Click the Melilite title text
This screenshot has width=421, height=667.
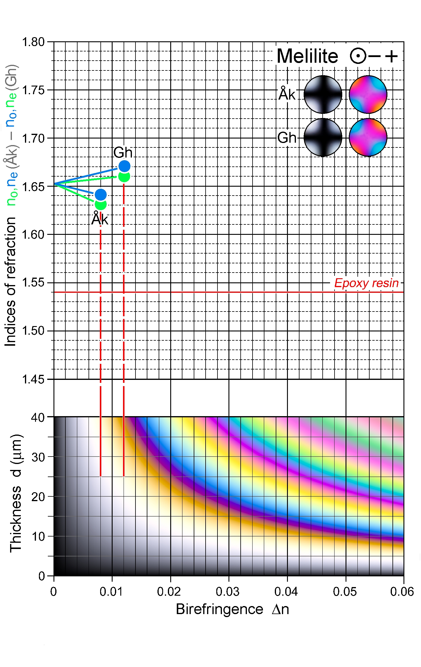pyautogui.click(x=307, y=56)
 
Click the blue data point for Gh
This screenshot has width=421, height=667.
pyautogui.click(x=124, y=166)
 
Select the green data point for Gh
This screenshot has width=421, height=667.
pyautogui.click(x=124, y=177)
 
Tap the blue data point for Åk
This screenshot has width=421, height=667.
pyautogui.click(x=101, y=195)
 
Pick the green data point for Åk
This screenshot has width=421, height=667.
pyautogui.click(x=101, y=205)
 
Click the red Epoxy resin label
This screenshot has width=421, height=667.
pyautogui.click(x=366, y=283)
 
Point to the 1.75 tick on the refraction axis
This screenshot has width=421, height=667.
pyautogui.click(x=33, y=90)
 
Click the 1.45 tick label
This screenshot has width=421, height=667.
pyautogui.click(x=33, y=379)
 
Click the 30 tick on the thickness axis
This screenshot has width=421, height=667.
pyautogui.click(x=38, y=457)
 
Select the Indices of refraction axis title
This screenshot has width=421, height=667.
pyautogui.click(x=11, y=281)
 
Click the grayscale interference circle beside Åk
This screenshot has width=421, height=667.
pyautogui.click(x=323, y=95)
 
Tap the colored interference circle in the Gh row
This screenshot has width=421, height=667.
pyautogui.click(x=368, y=137)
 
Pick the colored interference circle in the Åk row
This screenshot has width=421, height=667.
pyautogui.click(x=368, y=95)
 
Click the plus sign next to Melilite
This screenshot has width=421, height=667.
pyautogui.click(x=391, y=56)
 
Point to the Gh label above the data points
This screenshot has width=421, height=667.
pyautogui.click(x=123, y=152)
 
